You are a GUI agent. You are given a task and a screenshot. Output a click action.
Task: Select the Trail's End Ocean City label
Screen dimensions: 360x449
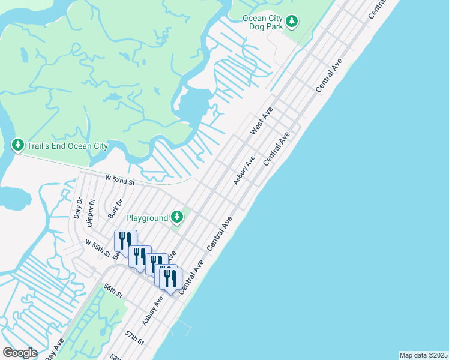pyautogui.click(x=67, y=146)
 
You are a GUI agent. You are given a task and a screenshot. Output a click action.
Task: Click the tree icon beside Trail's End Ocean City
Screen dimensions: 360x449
pyautogui.click(x=18, y=145)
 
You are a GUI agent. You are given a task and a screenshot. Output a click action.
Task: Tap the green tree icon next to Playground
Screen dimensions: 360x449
pyautogui.click(x=176, y=216)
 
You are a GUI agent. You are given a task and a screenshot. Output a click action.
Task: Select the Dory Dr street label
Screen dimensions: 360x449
pyautogui.click(x=77, y=207)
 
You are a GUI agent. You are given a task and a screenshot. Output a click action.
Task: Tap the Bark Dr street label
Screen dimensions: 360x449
pyautogui.click(x=115, y=208)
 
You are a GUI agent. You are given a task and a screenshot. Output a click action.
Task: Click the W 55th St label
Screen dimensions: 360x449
pyautogui.click(x=98, y=248)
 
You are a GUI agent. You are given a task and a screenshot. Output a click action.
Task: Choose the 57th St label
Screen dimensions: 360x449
pyautogui.click(x=135, y=337)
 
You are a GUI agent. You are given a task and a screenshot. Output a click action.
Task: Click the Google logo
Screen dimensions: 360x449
pyautogui.click(x=20, y=353)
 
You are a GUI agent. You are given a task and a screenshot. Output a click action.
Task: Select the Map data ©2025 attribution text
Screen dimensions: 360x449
pyautogui.click(x=423, y=355)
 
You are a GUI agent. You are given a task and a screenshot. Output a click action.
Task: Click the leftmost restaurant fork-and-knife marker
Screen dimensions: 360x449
pyautogui.click(x=125, y=241)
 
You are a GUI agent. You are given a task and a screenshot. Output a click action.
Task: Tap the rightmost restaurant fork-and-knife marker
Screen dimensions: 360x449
pyautogui.click(x=170, y=278)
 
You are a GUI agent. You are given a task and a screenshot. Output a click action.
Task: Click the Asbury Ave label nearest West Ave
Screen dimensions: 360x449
pyautogui.click(x=244, y=169)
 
